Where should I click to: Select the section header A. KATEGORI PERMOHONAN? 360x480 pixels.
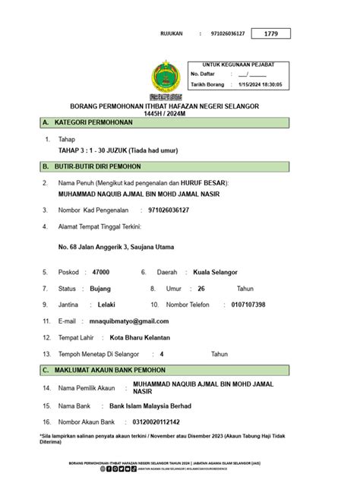88,122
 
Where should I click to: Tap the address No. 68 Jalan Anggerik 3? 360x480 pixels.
116,247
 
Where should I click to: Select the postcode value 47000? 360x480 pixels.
100,272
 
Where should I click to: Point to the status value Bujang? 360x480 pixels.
100,289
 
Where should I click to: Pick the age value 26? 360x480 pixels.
201,289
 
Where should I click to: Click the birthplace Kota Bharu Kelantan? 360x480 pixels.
141,337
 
